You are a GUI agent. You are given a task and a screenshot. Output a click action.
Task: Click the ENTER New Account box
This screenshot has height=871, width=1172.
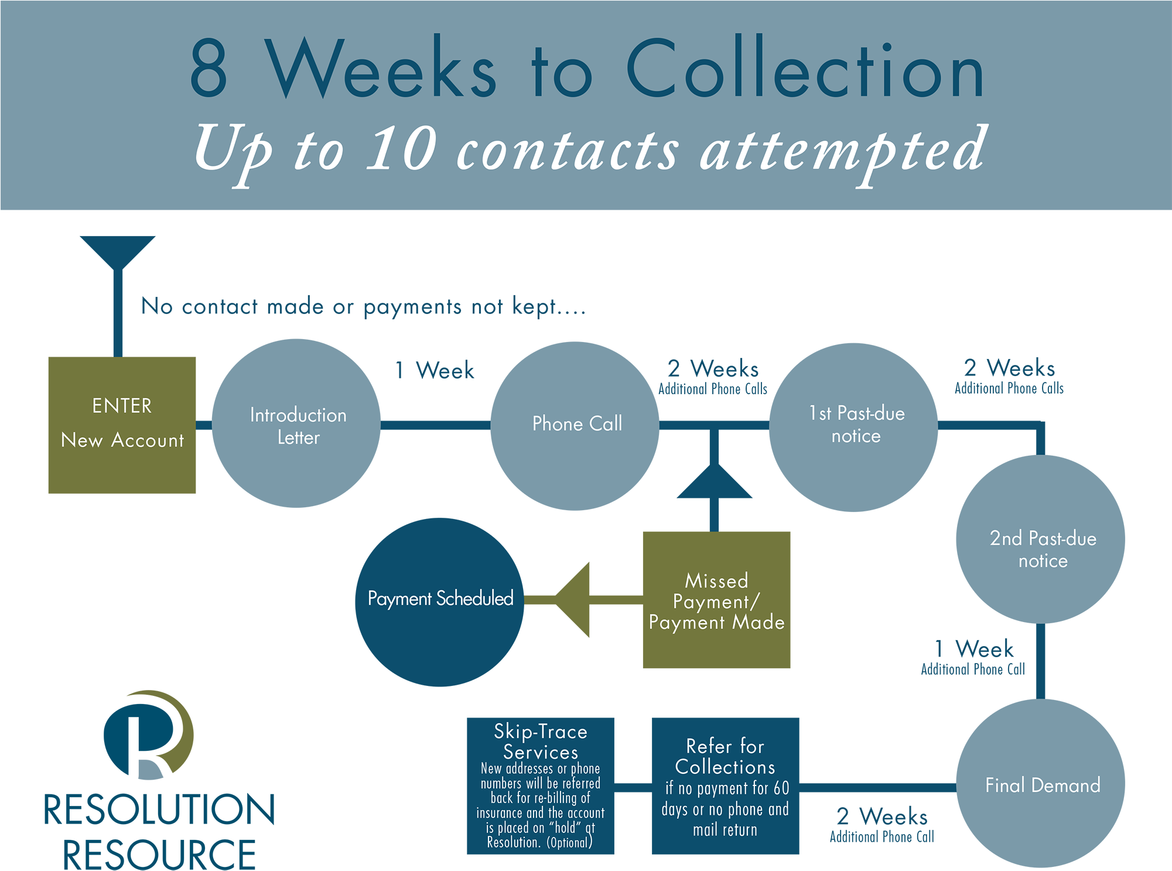(122, 425)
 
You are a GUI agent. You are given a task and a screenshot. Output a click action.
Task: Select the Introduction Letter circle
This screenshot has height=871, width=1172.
(296, 423)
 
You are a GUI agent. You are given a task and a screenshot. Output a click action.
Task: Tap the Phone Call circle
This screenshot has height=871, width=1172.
(575, 426)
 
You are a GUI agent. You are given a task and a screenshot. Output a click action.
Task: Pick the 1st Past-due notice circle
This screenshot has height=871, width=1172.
(853, 427)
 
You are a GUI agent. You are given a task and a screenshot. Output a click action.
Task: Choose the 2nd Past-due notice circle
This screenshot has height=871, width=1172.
(1040, 539)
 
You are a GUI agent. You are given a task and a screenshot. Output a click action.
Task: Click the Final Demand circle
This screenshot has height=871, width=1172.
(1040, 783)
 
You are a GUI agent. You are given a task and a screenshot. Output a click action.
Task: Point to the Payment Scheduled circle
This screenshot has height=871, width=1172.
(439, 602)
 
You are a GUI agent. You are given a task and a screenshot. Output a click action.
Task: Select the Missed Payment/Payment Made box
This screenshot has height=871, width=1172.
(716, 600)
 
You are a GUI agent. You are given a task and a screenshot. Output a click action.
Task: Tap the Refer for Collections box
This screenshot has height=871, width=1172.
(725, 785)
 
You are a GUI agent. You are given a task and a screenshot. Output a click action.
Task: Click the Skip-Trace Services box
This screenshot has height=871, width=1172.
(540, 785)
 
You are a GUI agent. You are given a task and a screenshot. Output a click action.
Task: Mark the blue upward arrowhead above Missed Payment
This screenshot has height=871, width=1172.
(715, 481)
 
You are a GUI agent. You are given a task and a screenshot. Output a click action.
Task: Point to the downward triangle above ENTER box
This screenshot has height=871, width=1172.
(118, 251)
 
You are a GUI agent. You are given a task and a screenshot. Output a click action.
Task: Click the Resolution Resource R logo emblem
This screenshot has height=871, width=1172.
(148, 735)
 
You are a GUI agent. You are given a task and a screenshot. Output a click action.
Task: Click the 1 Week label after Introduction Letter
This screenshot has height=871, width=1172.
(435, 370)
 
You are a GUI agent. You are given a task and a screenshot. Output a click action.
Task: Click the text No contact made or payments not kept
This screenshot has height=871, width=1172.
(363, 306)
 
